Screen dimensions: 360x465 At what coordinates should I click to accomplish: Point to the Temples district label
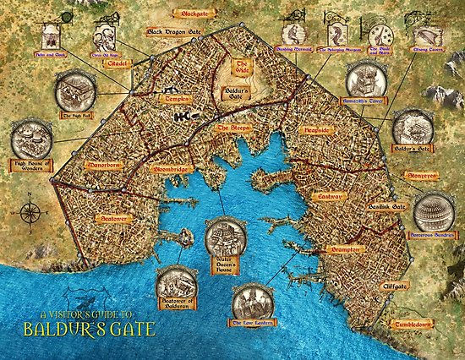click(x=168, y=99)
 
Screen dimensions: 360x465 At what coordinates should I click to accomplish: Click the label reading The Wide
click(x=242, y=68)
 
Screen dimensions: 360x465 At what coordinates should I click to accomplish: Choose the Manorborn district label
click(x=100, y=156)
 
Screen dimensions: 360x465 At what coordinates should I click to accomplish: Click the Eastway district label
click(x=329, y=195)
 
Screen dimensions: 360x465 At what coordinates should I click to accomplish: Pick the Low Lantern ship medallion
click(x=253, y=299)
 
